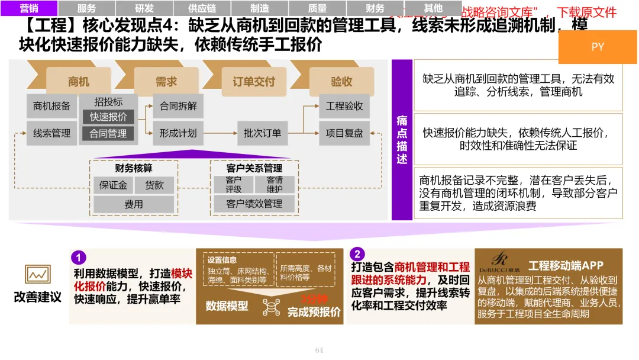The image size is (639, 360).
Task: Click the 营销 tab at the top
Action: click(29, 8)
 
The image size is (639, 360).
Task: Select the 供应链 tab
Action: click(202, 8)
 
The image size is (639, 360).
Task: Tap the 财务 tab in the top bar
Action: click(375, 8)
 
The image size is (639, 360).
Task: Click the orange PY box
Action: click(598, 47)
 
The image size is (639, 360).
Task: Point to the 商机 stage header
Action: click(79, 82)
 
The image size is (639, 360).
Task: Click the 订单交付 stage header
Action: click(254, 82)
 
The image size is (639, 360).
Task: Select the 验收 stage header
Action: click(341, 82)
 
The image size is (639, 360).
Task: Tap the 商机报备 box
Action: click(51, 106)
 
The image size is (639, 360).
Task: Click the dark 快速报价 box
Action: click(108, 117)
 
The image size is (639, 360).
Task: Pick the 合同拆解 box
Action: click(178, 106)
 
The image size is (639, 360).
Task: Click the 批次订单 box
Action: click(262, 133)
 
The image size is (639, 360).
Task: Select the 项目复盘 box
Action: click(344, 133)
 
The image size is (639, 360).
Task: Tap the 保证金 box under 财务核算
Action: click(112, 185)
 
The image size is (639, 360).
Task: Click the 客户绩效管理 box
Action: click(254, 204)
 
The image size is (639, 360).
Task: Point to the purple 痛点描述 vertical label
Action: click(402, 140)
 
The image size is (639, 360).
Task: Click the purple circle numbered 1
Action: click(79, 258)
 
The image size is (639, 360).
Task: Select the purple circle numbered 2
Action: click(357, 255)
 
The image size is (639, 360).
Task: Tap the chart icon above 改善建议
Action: click(37, 274)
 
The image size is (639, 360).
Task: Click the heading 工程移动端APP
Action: click(566, 266)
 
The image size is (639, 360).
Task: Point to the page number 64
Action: click(319, 350)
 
